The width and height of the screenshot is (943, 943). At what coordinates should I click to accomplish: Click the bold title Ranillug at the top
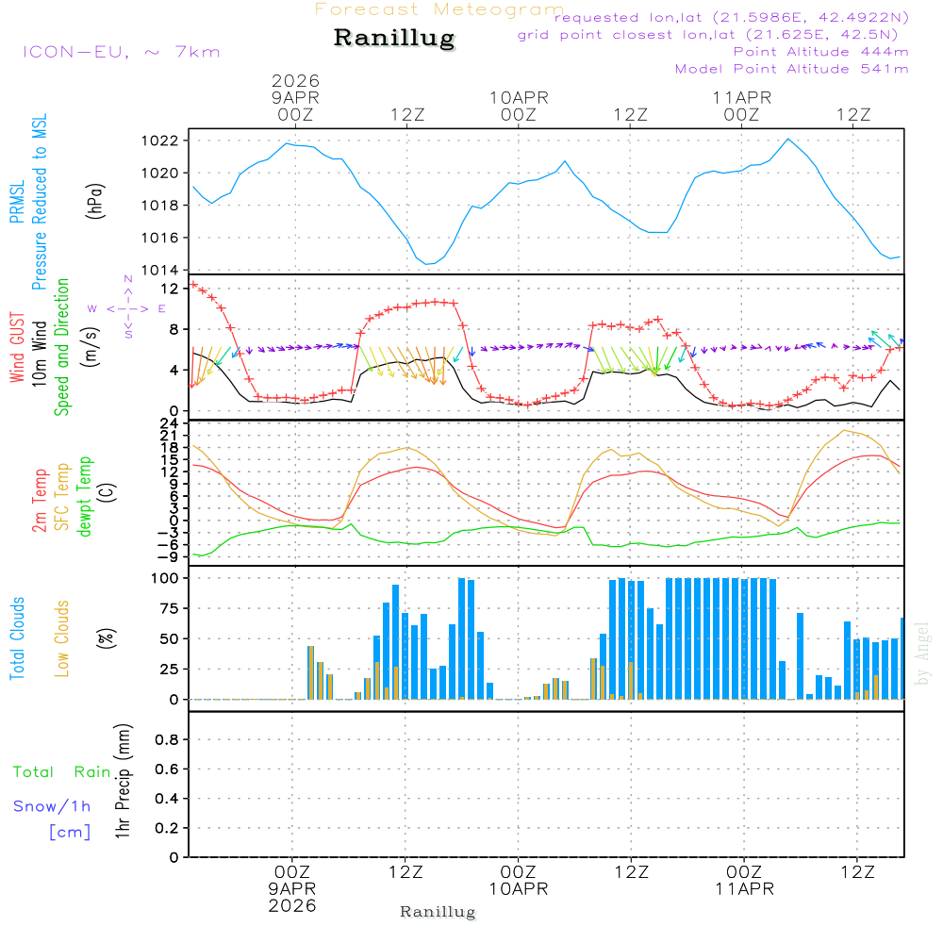[x=394, y=39]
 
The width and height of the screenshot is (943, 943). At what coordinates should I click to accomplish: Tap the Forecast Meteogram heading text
[x=439, y=9]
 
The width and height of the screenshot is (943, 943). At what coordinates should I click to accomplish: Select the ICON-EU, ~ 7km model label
[x=121, y=51]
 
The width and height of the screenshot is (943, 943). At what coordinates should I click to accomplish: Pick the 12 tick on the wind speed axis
[x=170, y=288]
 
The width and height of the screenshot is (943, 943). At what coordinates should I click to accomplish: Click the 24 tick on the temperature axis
[x=170, y=422]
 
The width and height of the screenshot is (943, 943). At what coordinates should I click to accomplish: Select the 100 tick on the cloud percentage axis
[x=165, y=577]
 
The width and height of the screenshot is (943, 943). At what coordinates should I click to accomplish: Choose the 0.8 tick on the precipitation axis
[x=167, y=739]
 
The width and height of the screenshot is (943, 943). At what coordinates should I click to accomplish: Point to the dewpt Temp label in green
[x=85, y=497]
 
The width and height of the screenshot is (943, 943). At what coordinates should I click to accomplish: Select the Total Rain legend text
[x=62, y=771]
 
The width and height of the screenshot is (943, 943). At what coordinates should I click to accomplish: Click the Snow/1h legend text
[x=53, y=806]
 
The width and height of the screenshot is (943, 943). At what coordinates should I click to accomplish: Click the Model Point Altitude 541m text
[x=792, y=69]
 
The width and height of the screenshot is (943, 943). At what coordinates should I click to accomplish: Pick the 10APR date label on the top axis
[x=519, y=97]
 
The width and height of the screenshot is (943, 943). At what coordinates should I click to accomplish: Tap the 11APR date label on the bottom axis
[x=744, y=889]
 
